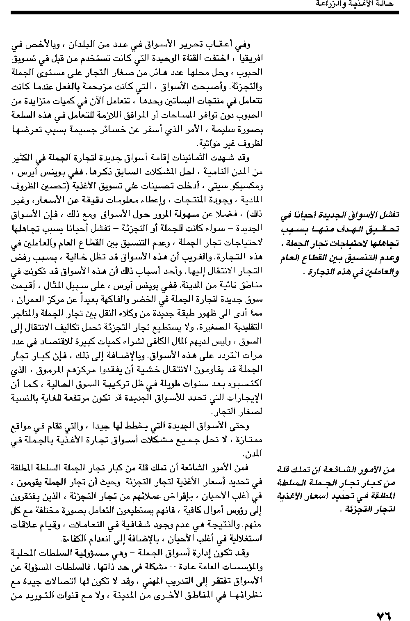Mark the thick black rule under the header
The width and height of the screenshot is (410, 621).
[205, 13]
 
